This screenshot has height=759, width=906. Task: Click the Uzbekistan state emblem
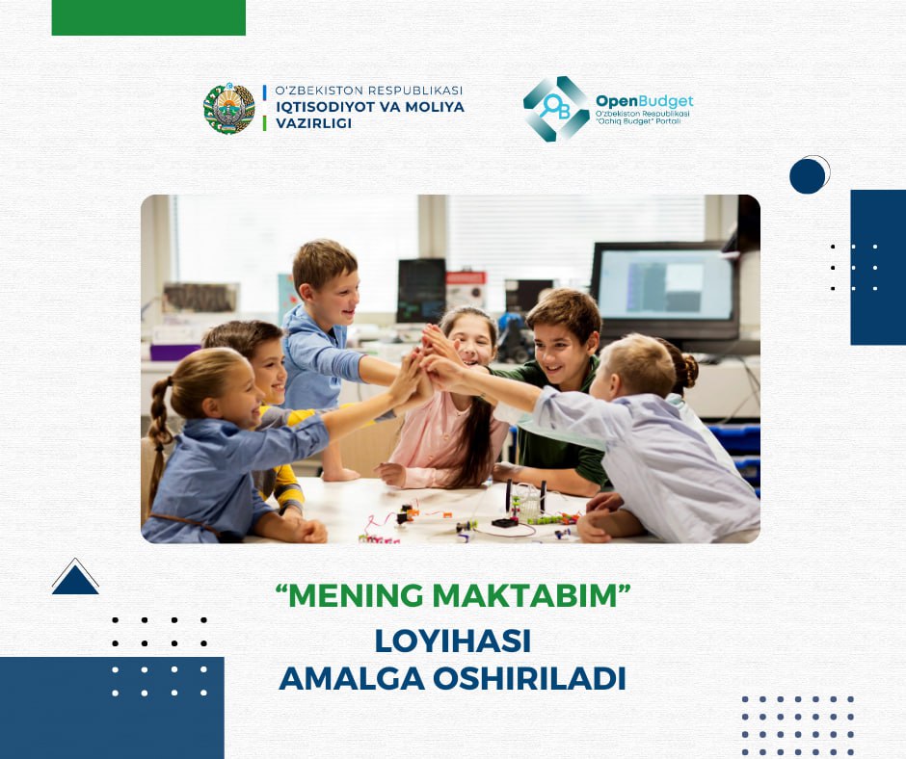229,108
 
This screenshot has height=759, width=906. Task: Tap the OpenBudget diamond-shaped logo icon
556,109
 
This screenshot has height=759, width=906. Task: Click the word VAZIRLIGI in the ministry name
314,123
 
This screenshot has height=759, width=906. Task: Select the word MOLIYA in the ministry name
435,107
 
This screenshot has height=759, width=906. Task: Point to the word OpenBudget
644,101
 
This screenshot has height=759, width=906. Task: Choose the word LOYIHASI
453,641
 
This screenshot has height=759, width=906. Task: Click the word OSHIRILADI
529,679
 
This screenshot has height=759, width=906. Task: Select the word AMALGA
353,679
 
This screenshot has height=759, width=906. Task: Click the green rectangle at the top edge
148,17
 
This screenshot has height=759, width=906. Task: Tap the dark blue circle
807,176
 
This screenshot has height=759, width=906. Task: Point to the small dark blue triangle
75,579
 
